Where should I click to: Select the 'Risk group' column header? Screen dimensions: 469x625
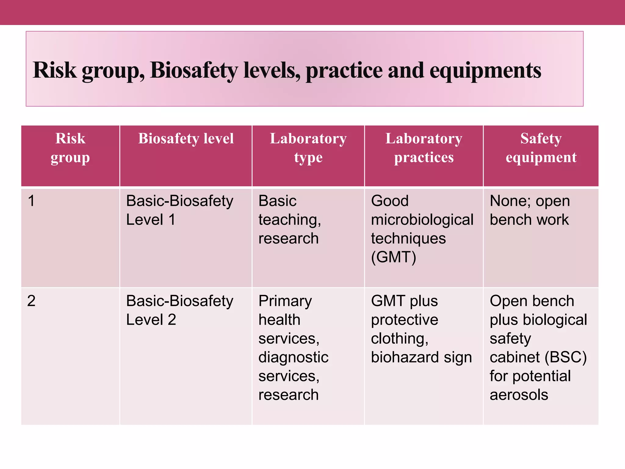click(x=70, y=148)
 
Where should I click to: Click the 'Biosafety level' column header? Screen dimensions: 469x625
click(x=186, y=139)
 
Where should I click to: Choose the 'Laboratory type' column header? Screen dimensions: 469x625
click(x=308, y=148)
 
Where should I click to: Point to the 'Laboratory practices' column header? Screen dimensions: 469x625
click(x=424, y=148)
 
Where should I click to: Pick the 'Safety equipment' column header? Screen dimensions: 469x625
click(x=541, y=148)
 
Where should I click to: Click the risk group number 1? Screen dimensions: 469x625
click(x=31, y=201)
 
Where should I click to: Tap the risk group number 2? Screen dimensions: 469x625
click(x=31, y=301)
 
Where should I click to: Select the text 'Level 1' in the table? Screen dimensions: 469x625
click(x=151, y=220)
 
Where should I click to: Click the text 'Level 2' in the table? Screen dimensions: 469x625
click(x=151, y=320)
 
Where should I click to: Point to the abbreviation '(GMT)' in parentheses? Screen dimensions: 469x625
click(x=393, y=257)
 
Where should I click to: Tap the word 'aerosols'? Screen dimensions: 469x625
click(x=519, y=395)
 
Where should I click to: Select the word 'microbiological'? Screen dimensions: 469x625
click(x=422, y=220)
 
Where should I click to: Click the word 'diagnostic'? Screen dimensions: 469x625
click(x=293, y=357)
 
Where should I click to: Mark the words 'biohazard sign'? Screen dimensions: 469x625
click(x=421, y=357)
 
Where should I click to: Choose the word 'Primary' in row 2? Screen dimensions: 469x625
click(x=285, y=301)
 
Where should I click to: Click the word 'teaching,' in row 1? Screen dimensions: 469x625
click(x=290, y=220)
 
